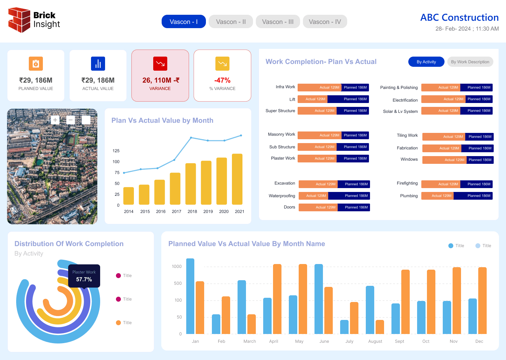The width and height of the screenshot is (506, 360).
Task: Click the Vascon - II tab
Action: click(231, 22)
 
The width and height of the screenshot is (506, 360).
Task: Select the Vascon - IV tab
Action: click(325, 22)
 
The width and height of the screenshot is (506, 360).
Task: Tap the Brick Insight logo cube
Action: click(19, 20)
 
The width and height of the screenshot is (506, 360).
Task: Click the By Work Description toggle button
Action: click(470, 62)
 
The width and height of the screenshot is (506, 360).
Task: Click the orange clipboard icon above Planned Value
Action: click(36, 64)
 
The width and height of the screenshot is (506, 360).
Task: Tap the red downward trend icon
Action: click(160, 64)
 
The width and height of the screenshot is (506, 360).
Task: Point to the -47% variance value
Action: click(222, 80)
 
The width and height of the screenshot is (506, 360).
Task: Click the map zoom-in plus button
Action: click(55, 120)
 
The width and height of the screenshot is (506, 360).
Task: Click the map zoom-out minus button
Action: click(71, 120)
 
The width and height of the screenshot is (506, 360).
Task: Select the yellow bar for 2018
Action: click(190, 184)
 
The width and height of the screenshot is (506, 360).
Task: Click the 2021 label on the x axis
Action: click(239, 212)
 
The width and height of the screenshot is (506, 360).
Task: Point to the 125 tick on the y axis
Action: click(116, 151)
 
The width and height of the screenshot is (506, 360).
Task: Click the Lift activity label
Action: click(292, 99)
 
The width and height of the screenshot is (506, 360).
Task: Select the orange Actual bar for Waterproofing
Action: click(313, 196)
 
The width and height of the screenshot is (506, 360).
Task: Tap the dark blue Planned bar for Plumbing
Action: click(473, 196)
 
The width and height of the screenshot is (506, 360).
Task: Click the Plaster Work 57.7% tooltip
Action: click(84, 276)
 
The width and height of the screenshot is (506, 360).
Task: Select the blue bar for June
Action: click(318, 299)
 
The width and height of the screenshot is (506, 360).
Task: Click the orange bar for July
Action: click(354, 318)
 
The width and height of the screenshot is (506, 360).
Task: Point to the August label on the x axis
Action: click(375, 341)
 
